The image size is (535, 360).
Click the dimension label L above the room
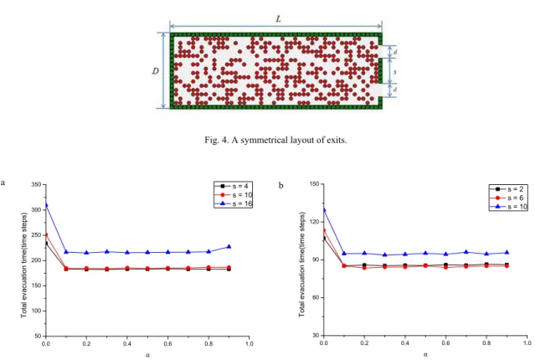[279, 18]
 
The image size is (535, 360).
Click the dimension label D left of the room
[155, 71]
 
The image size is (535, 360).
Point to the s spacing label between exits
[395, 72]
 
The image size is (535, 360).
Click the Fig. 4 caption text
[275, 140]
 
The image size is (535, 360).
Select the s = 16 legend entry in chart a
[233, 203]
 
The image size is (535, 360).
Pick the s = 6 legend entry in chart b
[507, 198]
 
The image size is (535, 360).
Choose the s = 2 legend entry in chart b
[507, 189]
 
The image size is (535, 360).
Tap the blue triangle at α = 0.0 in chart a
[46, 205]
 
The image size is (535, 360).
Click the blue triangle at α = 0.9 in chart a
[229, 246]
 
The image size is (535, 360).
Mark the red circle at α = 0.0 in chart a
[46, 235]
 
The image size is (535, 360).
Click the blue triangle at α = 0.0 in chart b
[324, 210]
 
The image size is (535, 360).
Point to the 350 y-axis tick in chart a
[36, 185]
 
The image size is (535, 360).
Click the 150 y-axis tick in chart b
[314, 184]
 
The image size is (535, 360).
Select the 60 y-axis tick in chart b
[316, 297]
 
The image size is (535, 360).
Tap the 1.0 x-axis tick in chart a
[249, 343]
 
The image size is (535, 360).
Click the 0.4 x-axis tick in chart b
[405, 342]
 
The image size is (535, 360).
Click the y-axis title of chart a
[24, 265]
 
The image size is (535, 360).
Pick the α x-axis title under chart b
[425, 354]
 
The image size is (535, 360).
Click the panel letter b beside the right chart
[280, 186]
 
